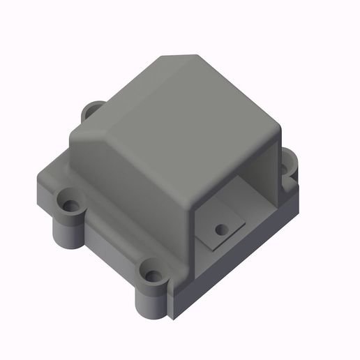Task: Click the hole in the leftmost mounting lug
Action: [70, 206]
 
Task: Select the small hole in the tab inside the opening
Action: [221, 229]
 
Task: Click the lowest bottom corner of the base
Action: [172, 320]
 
